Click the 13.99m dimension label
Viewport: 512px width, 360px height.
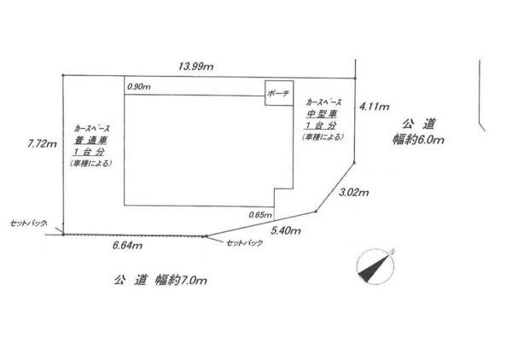pyautogui.click(x=196, y=67)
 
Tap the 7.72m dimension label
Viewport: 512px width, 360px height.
pyautogui.click(x=43, y=143)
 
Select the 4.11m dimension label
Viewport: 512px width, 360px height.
pyautogui.click(x=375, y=107)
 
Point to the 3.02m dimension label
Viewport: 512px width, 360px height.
pyautogui.click(x=354, y=192)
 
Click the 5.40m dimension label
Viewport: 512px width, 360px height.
pyautogui.click(x=286, y=230)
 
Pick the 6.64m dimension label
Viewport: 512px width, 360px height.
pyautogui.click(x=127, y=245)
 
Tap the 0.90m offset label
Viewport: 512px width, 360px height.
pyautogui.click(x=139, y=87)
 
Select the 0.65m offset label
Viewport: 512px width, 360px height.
pyautogui.click(x=260, y=215)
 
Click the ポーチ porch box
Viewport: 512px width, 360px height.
pyautogui.click(x=279, y=93)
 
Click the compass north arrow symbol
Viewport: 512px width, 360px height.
pyautogui.click(x=375, y=267)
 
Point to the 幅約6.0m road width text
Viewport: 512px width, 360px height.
pyautogui.click(x=418, y=140)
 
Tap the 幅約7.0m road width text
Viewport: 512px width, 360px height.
pyautogui.click(x=181, y=280)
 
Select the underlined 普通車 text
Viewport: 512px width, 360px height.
pyautogui.click(x=90, y=141)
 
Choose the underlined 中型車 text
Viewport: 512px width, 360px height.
pyautogui.click(x=322, y=114)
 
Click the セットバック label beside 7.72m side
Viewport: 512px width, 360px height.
pyautogui.click(x=28, y=224)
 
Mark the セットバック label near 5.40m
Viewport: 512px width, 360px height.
pyautogui.click(x=245, y=243)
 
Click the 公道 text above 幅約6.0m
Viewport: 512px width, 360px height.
pyautogui.click(x=419, y=124)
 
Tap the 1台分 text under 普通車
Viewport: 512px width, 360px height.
pyautogui.click(x=89, y=152)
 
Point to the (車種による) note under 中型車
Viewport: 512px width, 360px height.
pyautogui.click(x=323, y=136)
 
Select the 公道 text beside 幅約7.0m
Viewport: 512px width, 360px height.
pyautogui.click(x=131, y=280)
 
